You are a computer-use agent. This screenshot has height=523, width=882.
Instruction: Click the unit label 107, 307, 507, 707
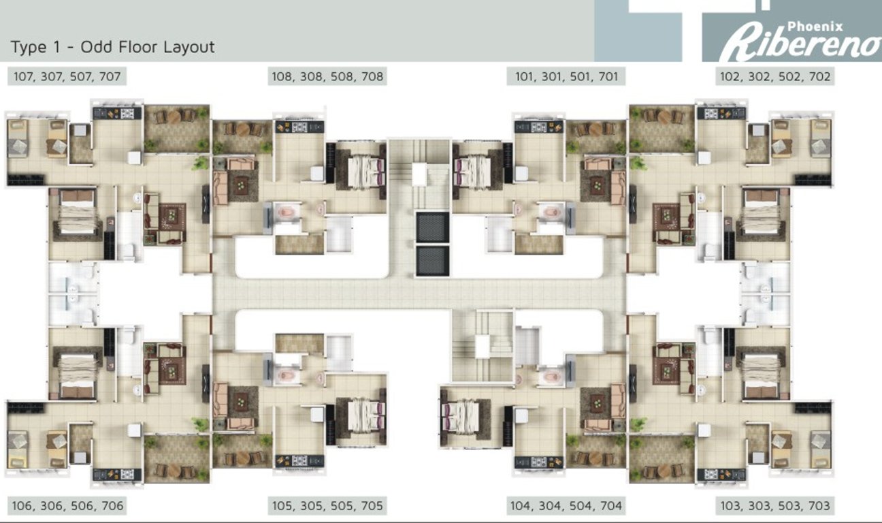67,76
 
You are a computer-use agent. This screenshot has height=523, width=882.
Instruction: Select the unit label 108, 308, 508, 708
328,76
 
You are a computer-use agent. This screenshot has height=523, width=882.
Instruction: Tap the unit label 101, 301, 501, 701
566,76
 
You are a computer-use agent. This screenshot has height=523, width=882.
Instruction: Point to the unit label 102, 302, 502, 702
775,76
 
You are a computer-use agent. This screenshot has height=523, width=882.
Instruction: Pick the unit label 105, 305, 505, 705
328,506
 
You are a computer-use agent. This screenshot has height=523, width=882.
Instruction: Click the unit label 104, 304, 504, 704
566,506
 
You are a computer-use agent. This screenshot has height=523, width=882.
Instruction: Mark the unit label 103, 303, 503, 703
775,506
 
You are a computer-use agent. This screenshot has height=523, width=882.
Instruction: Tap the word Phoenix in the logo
815,26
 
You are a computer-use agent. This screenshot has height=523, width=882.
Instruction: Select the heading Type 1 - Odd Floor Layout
112,47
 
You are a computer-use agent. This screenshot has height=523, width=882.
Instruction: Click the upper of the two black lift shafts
432,227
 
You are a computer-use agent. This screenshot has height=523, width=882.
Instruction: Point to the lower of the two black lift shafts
432,261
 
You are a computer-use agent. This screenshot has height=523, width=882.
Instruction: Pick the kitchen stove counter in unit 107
117,113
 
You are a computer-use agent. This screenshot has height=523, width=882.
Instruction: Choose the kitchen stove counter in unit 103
721,474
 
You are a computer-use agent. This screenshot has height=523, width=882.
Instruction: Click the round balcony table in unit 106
174,471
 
